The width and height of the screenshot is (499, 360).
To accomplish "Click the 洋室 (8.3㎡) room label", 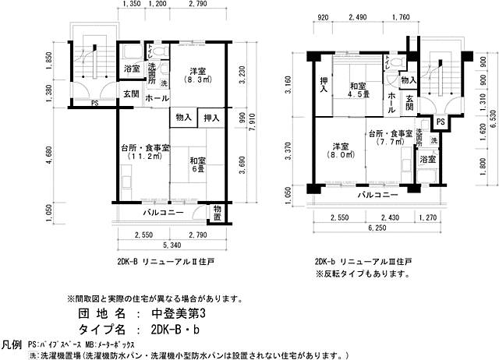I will [x=193, y=74].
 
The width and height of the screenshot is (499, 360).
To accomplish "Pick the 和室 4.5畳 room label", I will [x=358, y=91].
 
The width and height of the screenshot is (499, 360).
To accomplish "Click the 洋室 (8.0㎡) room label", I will [x=340, y=150].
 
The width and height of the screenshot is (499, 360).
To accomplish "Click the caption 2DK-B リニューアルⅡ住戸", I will [x=166, y=263].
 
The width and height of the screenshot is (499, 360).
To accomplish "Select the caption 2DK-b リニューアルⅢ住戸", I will [x=363, y=263].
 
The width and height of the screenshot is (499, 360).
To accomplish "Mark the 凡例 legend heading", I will [x=12, y=344].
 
